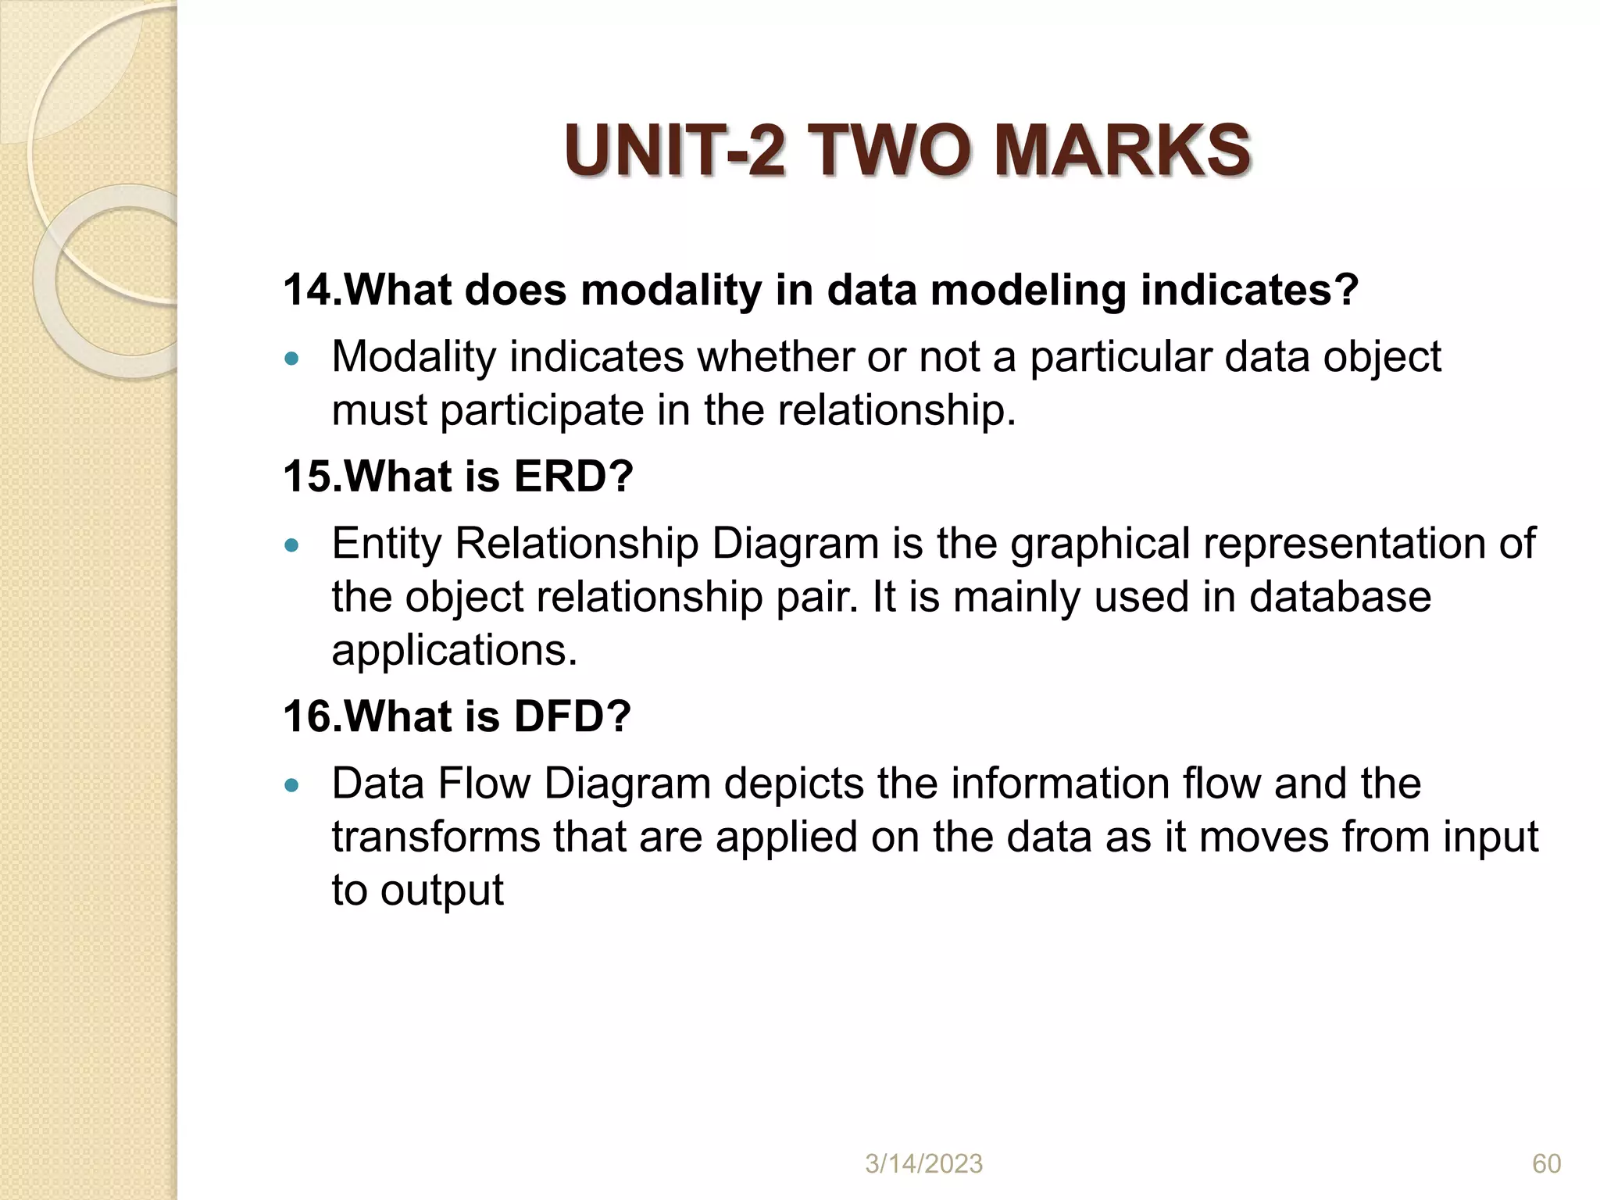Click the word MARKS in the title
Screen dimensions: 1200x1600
1122,151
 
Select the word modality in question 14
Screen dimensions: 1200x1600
671,291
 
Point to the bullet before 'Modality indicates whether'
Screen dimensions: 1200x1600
292,359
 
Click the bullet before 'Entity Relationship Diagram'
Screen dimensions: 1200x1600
292,545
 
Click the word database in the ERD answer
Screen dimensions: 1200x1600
1340,597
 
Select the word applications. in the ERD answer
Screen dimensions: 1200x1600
454,650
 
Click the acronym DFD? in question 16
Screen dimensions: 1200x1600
572,716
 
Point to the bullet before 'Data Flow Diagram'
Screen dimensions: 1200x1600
292,785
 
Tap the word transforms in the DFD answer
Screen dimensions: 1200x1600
436,837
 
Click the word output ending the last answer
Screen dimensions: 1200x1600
441,891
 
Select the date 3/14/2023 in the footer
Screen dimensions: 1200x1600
923,1164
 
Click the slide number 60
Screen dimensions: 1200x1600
1546,1164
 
